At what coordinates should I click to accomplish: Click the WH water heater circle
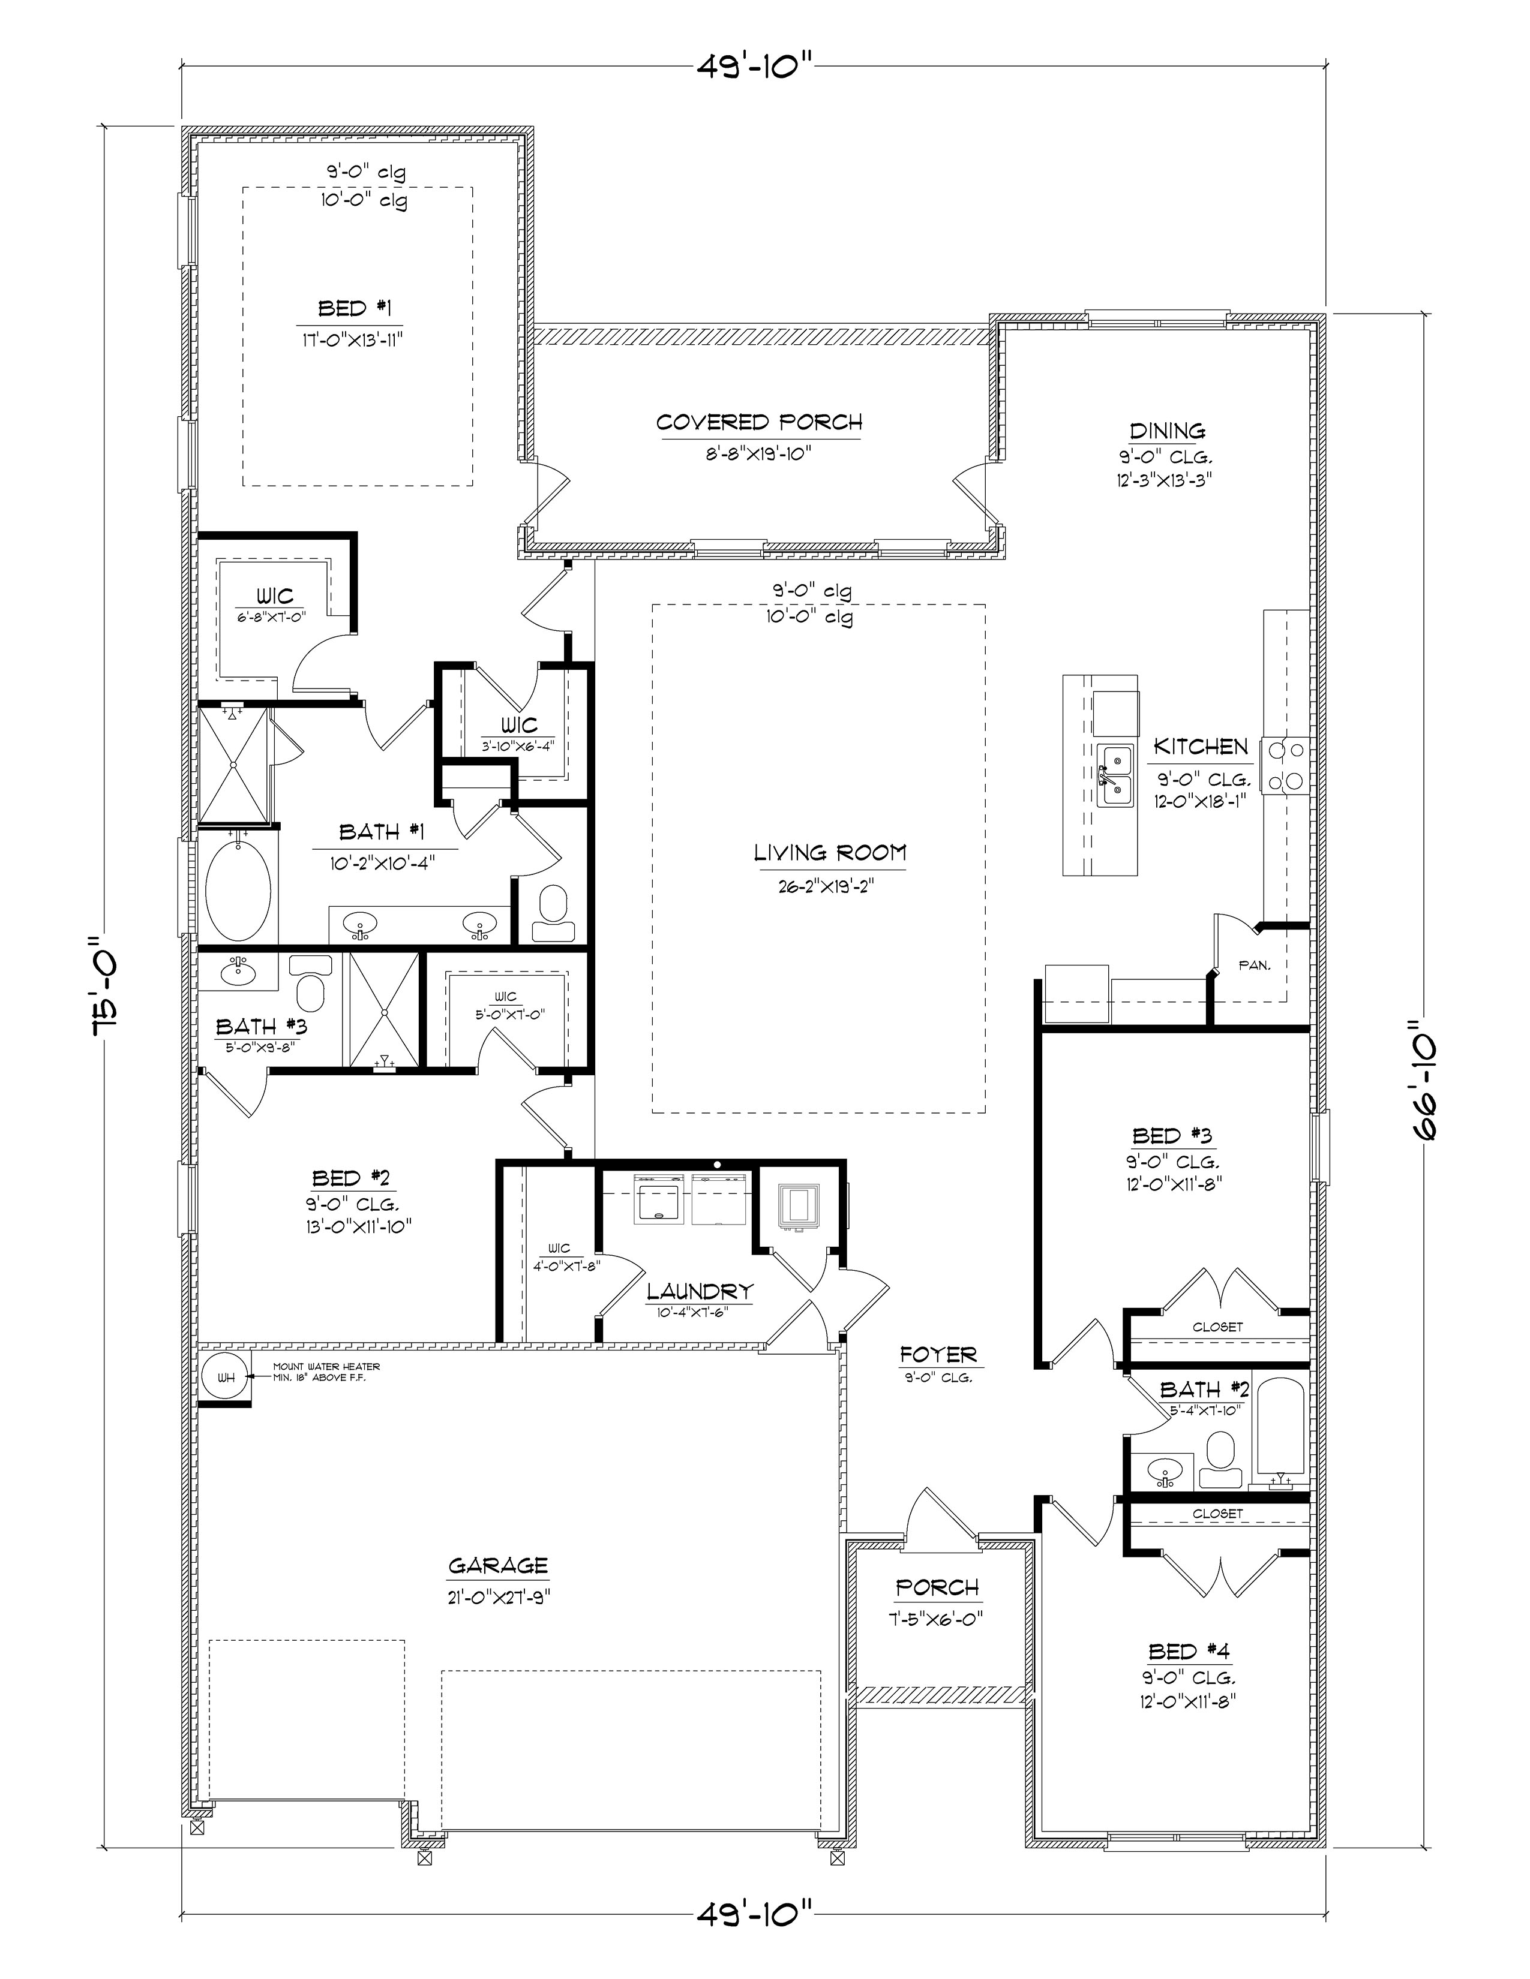(225, 1378)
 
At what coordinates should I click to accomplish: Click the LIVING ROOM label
(829, 853)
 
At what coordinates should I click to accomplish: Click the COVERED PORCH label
(758, 422)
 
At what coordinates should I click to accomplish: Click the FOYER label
(938, 1355)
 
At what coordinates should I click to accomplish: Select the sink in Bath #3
(238, 974)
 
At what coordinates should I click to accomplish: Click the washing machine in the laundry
(660, 1198)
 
